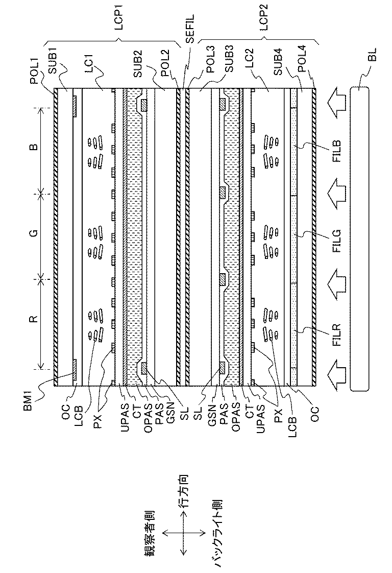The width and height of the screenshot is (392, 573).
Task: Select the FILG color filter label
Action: pos(337,237)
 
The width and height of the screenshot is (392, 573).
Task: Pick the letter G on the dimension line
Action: pos(32,234)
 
